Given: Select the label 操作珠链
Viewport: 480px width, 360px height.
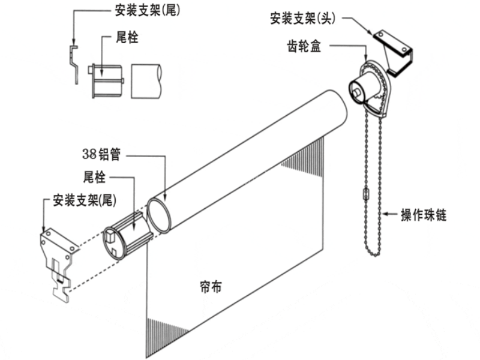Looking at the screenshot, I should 424,214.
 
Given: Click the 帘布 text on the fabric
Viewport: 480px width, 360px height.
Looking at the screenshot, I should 209,287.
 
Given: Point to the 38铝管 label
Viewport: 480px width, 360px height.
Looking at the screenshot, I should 102,154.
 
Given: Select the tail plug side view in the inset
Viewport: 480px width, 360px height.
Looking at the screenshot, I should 106,80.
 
